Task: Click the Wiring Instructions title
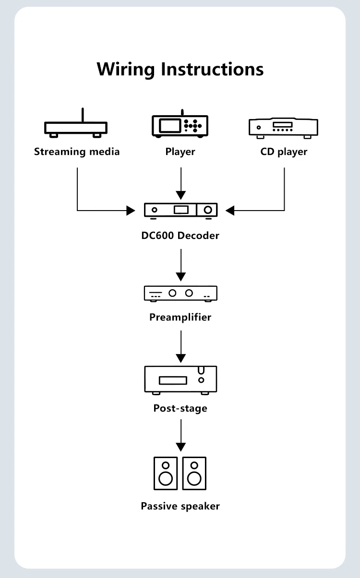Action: click(180, 70)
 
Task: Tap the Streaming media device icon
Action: click(76, 128)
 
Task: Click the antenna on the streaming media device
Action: click(83, 115)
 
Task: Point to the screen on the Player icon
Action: click(169, 126)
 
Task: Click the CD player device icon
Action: click(283, 128)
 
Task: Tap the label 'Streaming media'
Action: click(77, 152)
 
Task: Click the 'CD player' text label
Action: click(284, 152)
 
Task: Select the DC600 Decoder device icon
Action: click(181, 211)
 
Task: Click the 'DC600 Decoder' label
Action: click(180, 236)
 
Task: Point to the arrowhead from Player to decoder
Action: click(181, 195)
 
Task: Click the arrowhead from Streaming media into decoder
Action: click(131, 211)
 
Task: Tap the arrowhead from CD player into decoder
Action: click(230, 211)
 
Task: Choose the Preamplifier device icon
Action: click(180, 294)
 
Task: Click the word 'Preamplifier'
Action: click(180, 317)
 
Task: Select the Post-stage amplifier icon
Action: click(180, 380)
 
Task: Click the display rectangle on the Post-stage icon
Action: click(173, 380)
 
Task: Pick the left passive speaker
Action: click(166, 473)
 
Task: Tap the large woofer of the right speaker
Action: click(194, 479)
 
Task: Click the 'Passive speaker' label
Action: click(180, 506)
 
